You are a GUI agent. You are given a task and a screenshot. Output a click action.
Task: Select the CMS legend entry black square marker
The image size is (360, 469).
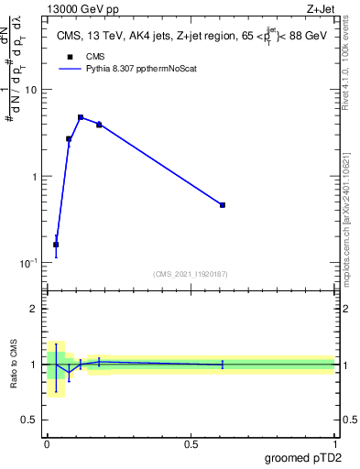[x=70, y=55]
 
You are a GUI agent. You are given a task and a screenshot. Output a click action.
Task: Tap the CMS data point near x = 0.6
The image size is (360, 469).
[x=223, y=205]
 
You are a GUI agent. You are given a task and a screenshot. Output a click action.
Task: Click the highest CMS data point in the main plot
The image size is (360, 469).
[x=81, y=117]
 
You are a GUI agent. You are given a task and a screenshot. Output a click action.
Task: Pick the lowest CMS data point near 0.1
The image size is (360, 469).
[x=56, y=245]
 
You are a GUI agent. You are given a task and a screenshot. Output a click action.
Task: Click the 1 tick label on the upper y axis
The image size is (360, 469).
[x=34, y=176]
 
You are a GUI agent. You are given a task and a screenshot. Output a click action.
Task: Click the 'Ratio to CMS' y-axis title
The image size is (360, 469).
[x=14, y=365]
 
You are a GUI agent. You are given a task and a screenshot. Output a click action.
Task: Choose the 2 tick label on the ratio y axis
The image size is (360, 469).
[x=34, y=310]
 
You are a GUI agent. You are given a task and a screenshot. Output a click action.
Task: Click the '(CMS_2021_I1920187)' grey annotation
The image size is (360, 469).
[x=191, y=273]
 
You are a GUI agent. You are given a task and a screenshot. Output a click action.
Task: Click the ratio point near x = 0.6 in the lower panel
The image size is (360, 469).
[x=223, y=365]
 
